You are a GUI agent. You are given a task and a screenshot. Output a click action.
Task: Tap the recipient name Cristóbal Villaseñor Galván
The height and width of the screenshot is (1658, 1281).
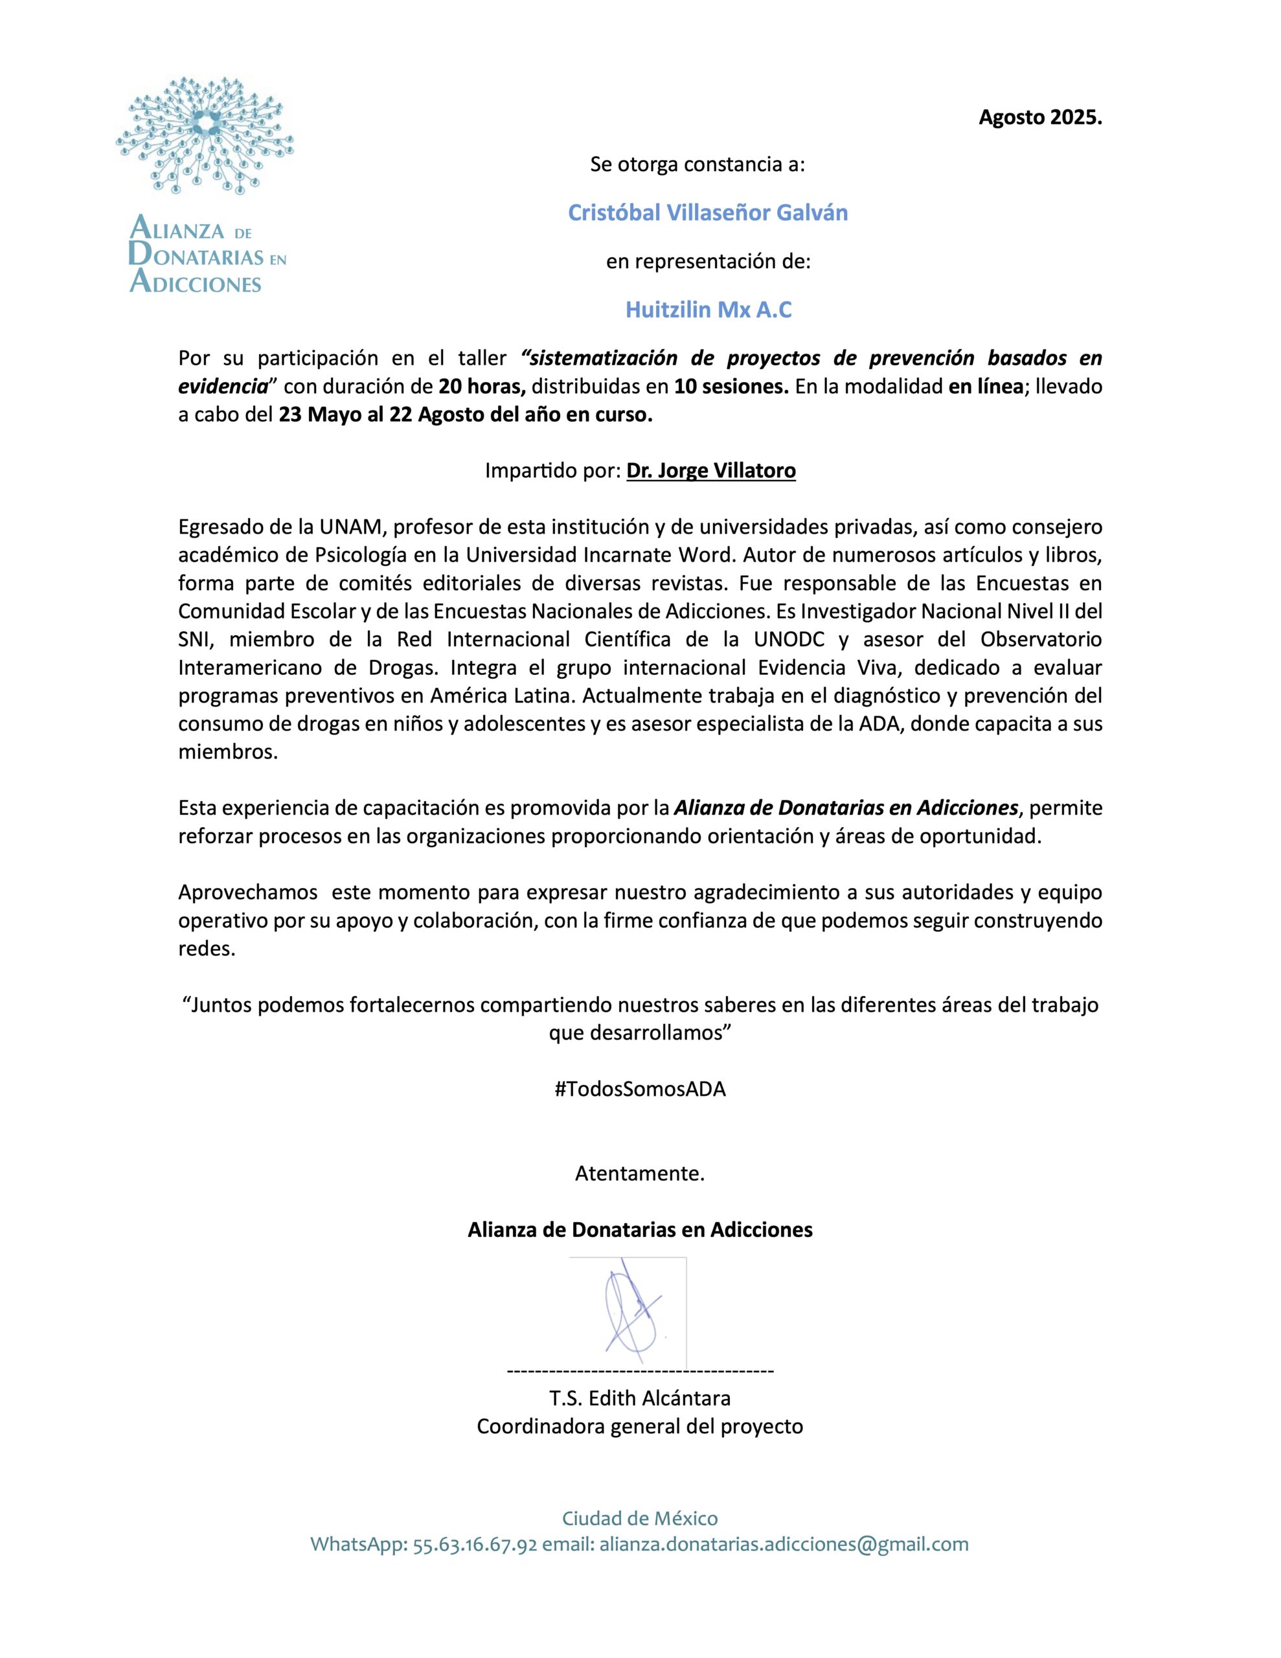pos(708,213)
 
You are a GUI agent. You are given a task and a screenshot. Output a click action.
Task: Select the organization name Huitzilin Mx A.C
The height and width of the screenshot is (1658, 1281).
pos(708,310)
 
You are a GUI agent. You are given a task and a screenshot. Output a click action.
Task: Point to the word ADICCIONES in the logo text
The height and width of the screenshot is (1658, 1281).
pos(196,284)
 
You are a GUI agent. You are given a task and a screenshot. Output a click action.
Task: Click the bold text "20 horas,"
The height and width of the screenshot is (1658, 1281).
pos(482,387)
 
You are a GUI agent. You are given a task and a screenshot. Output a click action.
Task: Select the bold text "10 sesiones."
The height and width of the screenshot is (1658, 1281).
pos(731,387)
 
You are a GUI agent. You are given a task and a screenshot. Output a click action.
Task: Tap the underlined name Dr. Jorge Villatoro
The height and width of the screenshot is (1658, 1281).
pos(710,471)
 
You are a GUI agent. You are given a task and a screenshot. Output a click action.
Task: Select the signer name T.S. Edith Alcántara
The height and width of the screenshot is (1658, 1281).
pos(639,1398)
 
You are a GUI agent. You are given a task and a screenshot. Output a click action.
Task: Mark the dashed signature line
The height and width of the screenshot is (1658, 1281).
pos(639,1371)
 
